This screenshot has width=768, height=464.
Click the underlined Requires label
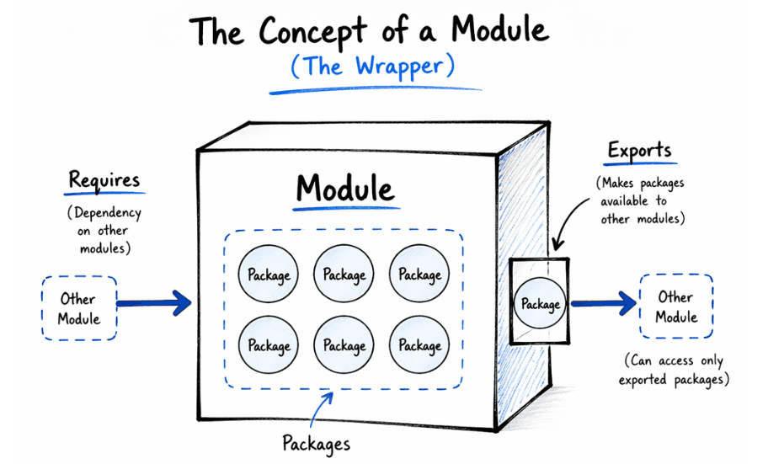[104, 180]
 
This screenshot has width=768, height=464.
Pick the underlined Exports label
[639, 152]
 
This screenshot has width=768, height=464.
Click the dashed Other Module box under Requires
[79, 308]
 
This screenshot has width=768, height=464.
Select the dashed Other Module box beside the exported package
[675, 307]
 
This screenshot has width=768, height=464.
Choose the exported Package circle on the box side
[540, 303]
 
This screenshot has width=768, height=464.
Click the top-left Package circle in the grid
[269, 274]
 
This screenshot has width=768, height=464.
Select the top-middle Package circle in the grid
[344, 274]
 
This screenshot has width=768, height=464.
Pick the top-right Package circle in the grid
[419, 274]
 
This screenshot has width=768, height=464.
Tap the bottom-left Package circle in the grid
[269, 344]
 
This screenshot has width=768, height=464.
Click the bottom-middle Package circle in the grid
[344, 344]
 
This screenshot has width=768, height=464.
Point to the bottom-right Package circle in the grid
[419, 344]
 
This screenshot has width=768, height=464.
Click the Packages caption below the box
[316, 442]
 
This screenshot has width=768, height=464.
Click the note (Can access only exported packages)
[674, 371]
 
